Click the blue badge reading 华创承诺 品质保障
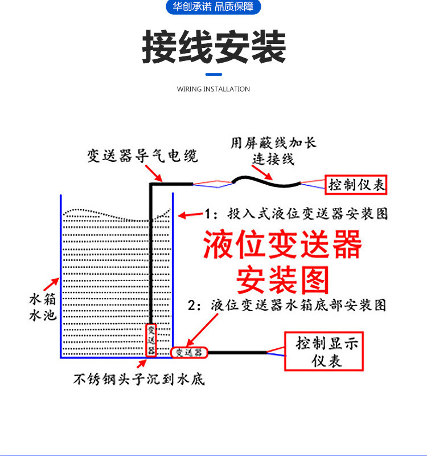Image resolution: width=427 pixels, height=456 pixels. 213,6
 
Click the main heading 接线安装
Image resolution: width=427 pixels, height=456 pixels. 214,47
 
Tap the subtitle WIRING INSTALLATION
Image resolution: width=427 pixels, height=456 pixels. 213,89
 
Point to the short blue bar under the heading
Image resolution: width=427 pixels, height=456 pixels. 213,75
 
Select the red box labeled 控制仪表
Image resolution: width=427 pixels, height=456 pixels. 356,185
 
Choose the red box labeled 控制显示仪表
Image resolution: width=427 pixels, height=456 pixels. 324,351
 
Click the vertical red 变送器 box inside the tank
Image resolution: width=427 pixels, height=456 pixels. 151,340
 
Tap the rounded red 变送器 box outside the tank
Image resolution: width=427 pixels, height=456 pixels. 189,352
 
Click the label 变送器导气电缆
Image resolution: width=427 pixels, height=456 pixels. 143,156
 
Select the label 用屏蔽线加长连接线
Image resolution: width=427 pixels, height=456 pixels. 273,151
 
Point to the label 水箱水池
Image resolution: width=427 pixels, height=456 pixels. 43,307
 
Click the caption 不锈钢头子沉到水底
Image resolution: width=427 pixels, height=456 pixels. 139,379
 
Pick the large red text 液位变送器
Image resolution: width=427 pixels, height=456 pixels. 282,245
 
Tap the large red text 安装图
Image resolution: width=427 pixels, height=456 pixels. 282,280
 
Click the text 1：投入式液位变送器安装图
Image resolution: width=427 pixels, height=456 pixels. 296,214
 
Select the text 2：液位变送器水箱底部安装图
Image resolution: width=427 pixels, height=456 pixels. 287,306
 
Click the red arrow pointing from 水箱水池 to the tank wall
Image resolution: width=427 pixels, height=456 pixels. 51,284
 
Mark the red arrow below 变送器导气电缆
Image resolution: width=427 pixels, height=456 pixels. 154,173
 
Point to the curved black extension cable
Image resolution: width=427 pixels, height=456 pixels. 266,181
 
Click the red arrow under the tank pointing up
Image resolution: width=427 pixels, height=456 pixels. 141,364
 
